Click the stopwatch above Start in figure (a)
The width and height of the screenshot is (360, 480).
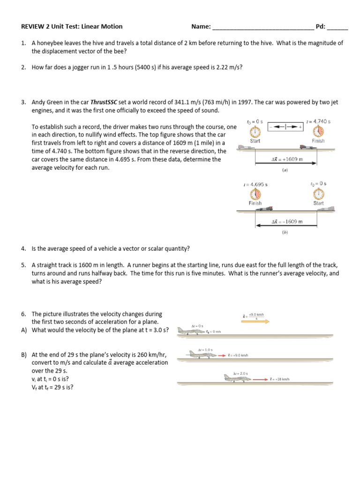pos(255,131)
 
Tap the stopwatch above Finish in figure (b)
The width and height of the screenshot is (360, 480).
pos(255,194)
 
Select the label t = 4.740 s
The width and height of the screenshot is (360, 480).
pos(318,121)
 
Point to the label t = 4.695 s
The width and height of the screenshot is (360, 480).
pos(255,184)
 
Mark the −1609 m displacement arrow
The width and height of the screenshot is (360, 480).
pos(286,226)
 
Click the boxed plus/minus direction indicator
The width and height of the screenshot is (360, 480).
pos(285,127)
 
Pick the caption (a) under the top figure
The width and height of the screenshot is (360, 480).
pos(285,171)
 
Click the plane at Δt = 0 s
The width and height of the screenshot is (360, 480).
pos(190,331)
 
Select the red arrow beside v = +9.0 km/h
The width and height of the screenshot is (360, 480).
pos(222,355)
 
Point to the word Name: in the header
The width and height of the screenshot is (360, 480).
pos(201,27)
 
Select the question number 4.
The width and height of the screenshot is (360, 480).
pos(23,248)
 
